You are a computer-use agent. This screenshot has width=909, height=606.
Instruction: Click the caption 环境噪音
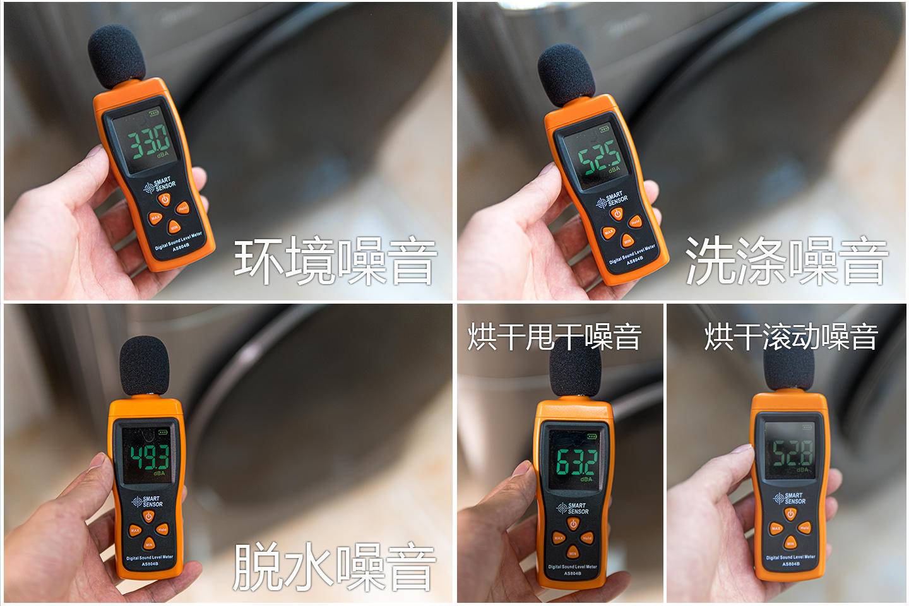[335, 260]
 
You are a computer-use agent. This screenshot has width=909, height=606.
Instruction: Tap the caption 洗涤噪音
[787, 260]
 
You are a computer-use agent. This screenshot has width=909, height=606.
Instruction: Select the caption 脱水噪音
[334, 566]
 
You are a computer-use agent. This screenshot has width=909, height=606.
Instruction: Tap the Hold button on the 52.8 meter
[804, 527]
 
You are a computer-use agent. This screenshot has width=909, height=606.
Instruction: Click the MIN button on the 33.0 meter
[174, 227]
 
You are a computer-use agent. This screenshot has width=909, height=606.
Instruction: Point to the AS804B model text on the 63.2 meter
[572, 573]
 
